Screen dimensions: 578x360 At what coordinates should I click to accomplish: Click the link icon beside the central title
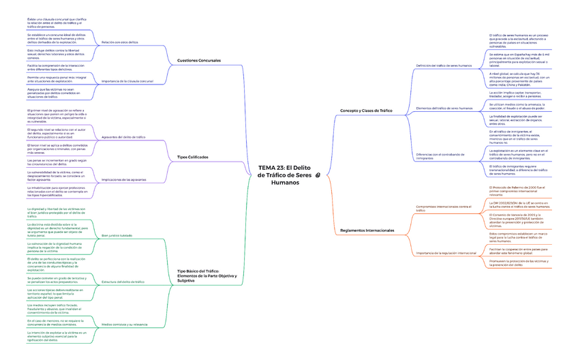[x=318, y=175]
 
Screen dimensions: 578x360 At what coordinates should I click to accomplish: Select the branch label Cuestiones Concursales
[x=198, y=61]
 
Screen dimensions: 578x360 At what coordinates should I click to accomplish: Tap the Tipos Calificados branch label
[x=192, y=157]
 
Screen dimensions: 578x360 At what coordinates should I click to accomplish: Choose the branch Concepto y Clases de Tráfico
[x=366, y=110]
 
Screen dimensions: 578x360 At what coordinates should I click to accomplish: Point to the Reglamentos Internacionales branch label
[x=367, y=230]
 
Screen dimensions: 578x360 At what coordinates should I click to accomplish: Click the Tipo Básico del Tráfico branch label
[x=202, y=275]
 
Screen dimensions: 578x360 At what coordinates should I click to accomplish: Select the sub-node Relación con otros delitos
[x=119, y=42]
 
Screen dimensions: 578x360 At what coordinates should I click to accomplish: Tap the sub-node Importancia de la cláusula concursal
[x=127, y=81]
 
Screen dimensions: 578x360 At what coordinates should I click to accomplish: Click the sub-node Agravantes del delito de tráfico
[x=123, y=137]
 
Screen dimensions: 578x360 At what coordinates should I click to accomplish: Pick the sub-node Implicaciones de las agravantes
[x=123, y=179]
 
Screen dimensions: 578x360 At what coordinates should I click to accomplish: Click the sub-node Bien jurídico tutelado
[x=117, y=235]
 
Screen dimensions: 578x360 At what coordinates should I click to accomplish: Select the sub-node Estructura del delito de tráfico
[x=123, y=282]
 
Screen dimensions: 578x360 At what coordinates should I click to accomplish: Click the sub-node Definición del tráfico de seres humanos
[x=444, y=65]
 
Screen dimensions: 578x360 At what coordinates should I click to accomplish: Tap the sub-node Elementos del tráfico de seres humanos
[x=444, y=108]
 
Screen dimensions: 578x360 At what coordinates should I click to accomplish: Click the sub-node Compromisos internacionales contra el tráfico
[x=443, y=208]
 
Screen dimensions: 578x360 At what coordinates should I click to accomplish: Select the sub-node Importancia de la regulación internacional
[x=446, y=253]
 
